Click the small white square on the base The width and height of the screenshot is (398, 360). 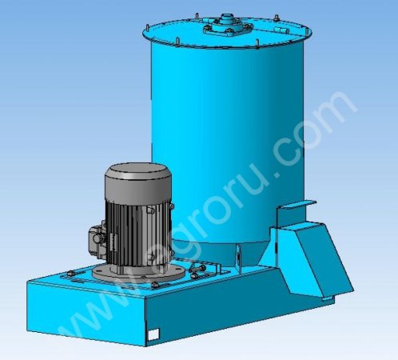[x=153, y=334]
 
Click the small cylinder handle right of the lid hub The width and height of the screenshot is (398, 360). [x=279, y=30]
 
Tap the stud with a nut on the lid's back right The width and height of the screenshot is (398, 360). [x=277, y=18]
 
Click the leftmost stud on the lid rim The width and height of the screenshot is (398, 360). [x=147, y=27]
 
